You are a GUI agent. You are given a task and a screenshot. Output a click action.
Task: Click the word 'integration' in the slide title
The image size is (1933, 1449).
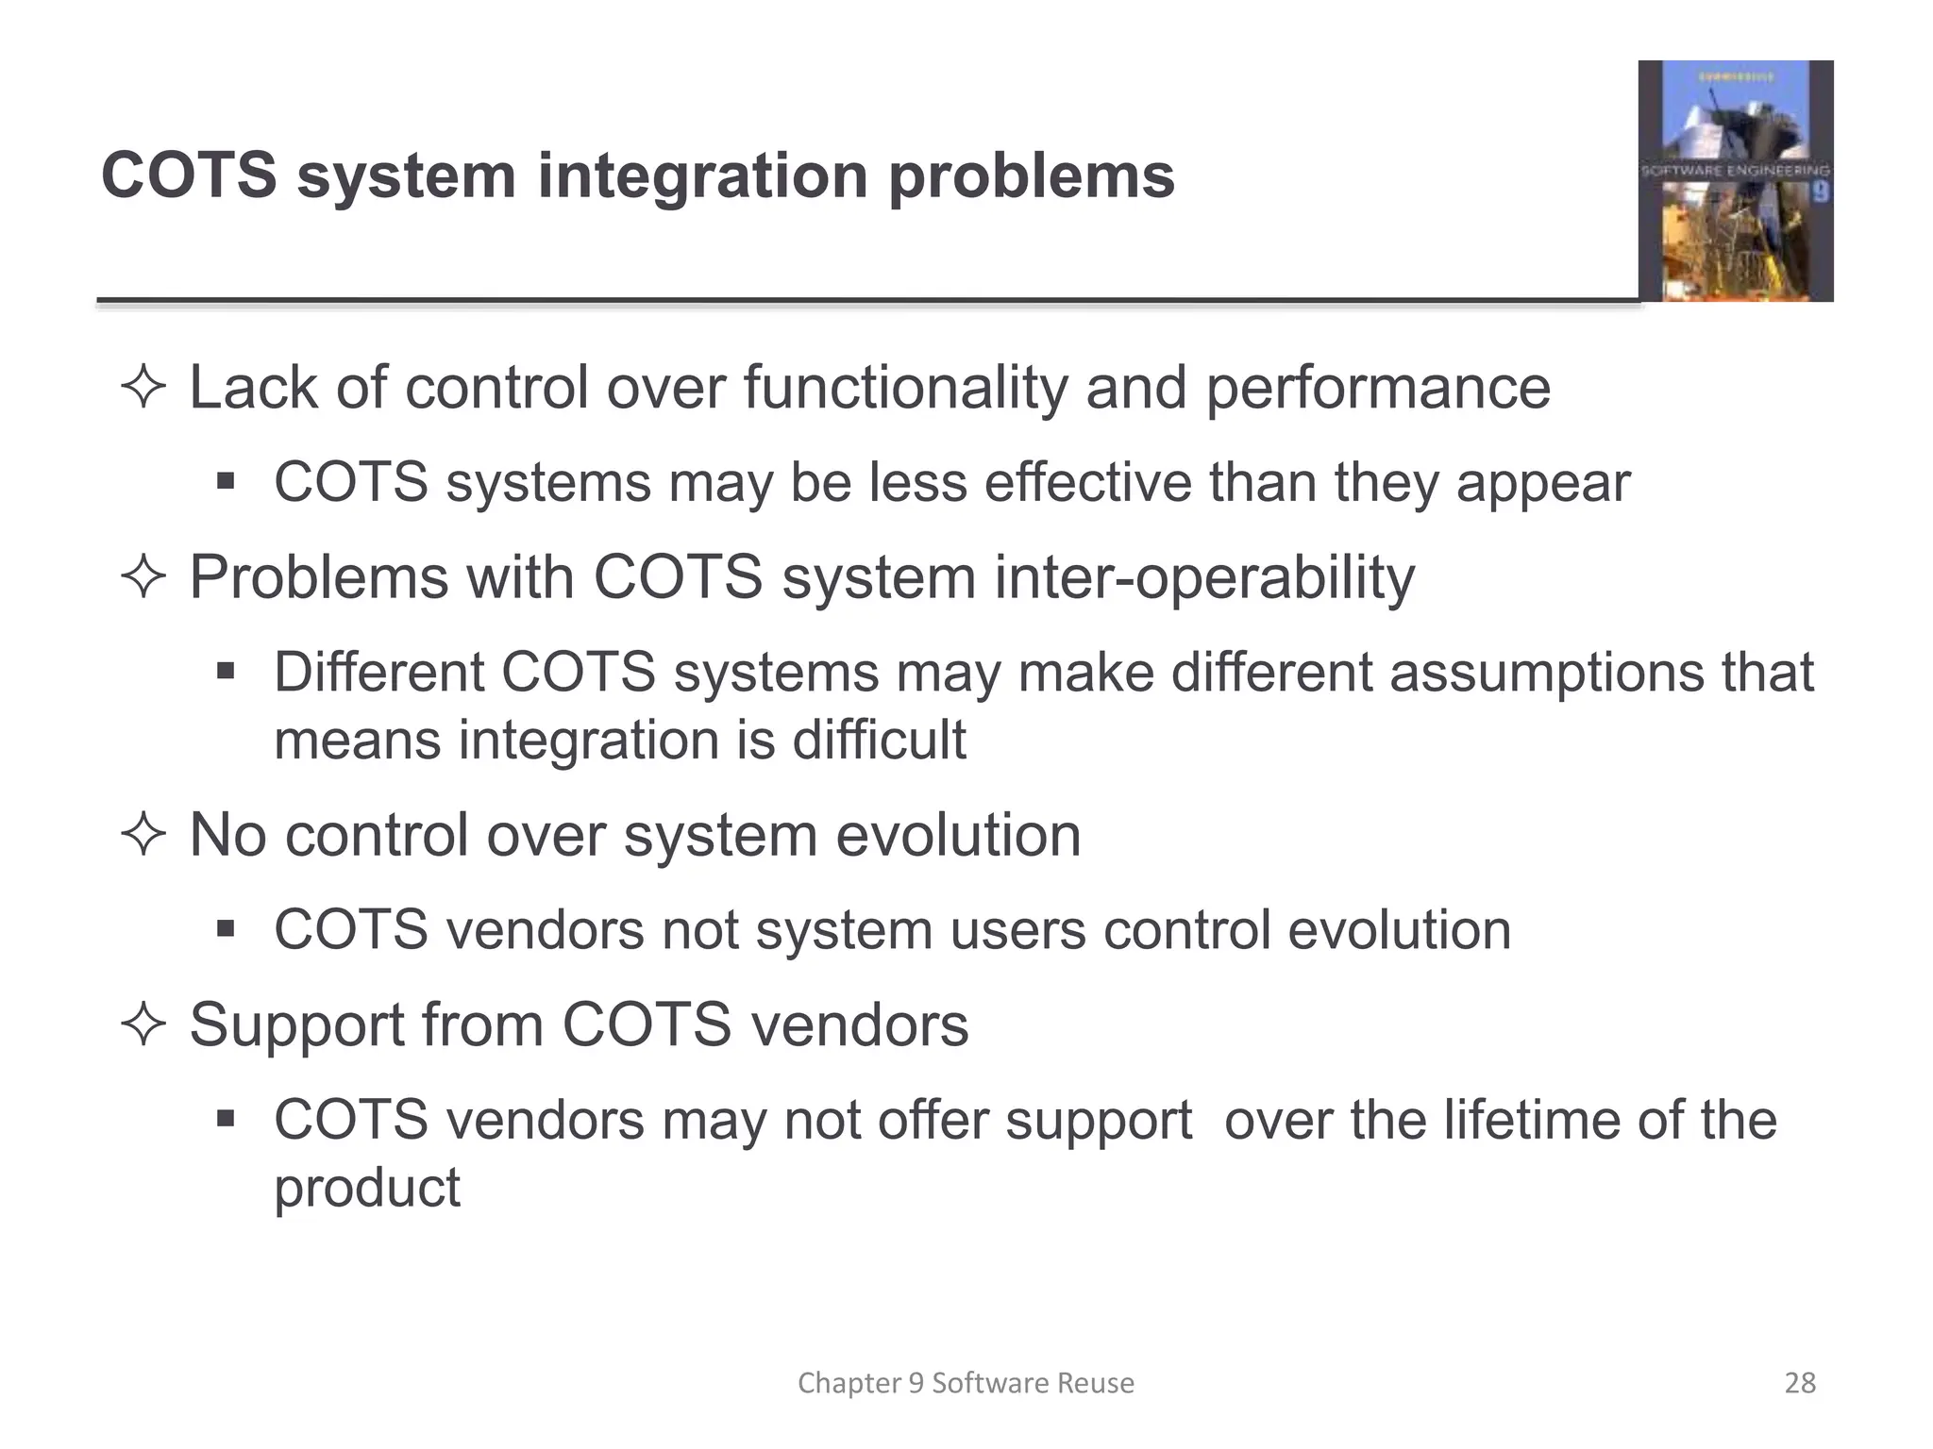click(x=702, y=176)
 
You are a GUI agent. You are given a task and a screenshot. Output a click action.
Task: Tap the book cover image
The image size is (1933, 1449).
click(x=1735, y=181)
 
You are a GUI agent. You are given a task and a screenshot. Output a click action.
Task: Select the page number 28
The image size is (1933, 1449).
click(x=1800, y=1383)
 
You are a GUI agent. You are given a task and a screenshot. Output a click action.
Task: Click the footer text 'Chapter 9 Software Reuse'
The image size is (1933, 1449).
click(x=966, y=1383)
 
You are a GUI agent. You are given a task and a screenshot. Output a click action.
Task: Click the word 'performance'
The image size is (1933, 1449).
click(x=1377, y=388)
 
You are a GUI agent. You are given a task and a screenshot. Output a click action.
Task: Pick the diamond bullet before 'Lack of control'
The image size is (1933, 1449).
click(x=143, y=388)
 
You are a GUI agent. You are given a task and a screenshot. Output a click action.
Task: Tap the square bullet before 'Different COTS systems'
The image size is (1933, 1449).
click(x=225, y=672)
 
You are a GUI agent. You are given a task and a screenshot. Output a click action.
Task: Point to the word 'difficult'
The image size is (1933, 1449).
click(x=879, y=739)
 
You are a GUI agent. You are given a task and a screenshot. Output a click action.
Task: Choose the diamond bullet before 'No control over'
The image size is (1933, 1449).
click(x=143, y=836)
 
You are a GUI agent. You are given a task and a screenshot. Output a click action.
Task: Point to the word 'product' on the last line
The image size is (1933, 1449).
click(x=366, y=1188)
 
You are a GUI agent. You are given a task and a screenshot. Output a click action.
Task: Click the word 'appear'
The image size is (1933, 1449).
click(x=1542, y=483)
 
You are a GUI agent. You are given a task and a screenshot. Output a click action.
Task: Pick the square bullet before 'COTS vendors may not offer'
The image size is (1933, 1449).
click(x=225, y=1120)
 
